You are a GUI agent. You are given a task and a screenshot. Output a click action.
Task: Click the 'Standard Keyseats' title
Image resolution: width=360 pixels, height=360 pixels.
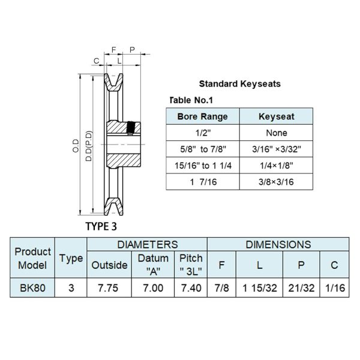click(x=239, y=84)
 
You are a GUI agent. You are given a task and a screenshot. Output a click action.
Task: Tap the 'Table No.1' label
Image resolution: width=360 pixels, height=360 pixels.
click(x=191, y=100)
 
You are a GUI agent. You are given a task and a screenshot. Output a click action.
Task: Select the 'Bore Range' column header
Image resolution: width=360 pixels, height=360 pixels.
click(x=203, y=116)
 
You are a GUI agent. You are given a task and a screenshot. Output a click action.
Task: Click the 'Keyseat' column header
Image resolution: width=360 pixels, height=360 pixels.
click(x=277, y=116)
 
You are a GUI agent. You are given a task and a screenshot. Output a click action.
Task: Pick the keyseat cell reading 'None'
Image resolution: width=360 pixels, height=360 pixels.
click(x=277, y=133)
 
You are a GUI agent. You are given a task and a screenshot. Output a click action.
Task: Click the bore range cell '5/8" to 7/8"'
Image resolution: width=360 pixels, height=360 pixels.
click(x=203, y=149)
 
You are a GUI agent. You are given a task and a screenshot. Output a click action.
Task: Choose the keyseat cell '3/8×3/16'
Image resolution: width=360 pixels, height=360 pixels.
click(x=276, y=182)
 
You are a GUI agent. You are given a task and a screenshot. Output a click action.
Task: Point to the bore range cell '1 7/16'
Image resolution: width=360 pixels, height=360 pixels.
click(x=203, y=182)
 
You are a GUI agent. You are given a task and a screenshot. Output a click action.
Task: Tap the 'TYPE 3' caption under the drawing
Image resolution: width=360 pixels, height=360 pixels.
click(x=101, y=226)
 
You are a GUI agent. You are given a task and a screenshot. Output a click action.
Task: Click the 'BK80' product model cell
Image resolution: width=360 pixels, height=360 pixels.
click(x=32, y=288)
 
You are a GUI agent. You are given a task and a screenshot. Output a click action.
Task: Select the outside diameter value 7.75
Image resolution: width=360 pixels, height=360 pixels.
click(x=108, y=288)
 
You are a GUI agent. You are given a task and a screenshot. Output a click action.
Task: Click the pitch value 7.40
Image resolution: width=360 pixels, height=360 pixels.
click(x=191, y=288)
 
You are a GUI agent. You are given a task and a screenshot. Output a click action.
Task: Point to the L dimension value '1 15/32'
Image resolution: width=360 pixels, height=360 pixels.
click(x=260, y=288)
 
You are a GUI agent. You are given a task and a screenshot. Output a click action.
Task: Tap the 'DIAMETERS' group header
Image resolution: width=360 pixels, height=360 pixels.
click(x=148, y=245)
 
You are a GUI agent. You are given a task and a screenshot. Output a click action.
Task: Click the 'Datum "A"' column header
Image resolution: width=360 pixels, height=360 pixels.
click(x=153, y=265)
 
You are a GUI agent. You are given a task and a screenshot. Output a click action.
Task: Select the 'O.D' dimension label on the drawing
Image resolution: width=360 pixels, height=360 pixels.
click(x=76, y=146)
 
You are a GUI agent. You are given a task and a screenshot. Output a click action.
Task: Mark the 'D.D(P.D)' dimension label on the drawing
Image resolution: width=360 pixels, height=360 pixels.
click(x=89, y=146)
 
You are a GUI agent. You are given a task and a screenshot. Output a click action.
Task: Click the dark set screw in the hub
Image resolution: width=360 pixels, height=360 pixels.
click(x=131, y=128)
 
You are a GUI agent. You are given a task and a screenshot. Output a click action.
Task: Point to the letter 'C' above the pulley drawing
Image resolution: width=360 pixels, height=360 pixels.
click(x=96, y=61)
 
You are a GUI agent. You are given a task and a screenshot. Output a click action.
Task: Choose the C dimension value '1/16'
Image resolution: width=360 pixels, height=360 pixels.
click(x=335, y=288)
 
